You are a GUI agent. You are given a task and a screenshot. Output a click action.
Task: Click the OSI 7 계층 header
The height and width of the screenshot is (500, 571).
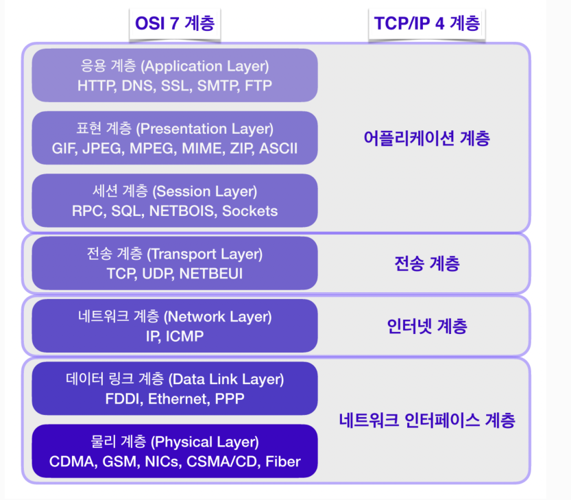[175, 23]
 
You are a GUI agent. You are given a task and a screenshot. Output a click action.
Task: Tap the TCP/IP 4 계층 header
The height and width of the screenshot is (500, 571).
[427, 23]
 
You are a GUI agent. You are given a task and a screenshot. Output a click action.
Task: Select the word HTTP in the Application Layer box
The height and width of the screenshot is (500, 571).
[95, 86]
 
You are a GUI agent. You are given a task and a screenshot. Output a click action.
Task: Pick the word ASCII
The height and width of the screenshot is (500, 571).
[278, 148]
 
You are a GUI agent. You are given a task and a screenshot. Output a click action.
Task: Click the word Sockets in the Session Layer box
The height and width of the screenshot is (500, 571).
[250, 211]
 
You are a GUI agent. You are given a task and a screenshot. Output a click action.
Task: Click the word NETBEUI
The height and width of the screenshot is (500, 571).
[213, 274]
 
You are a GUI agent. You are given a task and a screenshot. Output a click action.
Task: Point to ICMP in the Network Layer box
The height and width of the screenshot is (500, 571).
[185, 336]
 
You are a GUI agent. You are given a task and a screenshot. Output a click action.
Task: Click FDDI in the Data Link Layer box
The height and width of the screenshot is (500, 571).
[121, 398]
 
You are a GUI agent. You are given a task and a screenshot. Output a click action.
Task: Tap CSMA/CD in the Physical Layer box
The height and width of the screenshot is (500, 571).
[214, 462]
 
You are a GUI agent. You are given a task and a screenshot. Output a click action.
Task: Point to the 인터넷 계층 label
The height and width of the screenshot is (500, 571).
[427, 326]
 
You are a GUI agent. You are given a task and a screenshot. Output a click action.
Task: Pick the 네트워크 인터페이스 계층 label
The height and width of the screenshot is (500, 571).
[427, 420]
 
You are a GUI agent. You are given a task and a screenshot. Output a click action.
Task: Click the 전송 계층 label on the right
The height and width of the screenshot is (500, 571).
[427, 263]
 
